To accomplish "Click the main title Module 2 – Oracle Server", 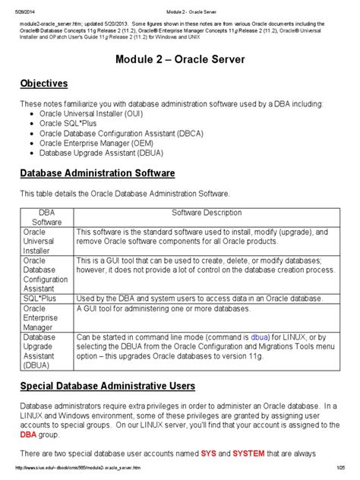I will point(180,60).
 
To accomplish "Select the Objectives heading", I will point(44,84).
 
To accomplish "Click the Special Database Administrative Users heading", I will point(107,387).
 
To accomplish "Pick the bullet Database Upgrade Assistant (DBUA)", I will point(103,153).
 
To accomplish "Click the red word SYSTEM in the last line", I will point(248,453).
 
